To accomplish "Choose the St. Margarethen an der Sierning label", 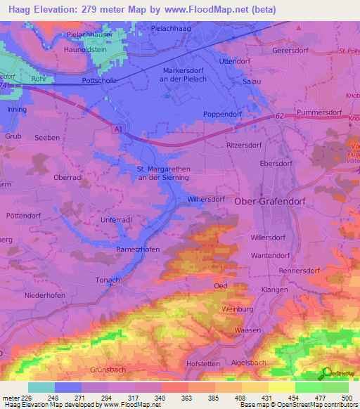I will [x=162, y=173].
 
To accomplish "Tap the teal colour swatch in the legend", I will [x=41, y=387].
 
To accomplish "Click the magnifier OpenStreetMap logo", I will [x=326, y=373].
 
